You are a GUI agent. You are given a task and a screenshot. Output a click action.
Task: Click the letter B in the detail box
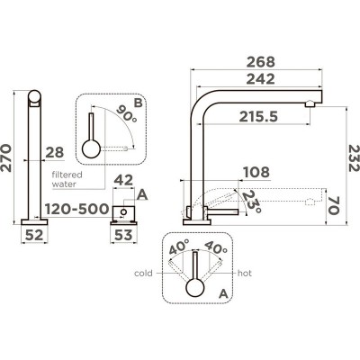point(136,103)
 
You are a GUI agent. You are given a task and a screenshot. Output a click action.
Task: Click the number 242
point(258,79)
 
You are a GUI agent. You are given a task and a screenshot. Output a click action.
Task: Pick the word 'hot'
point(244,272)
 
